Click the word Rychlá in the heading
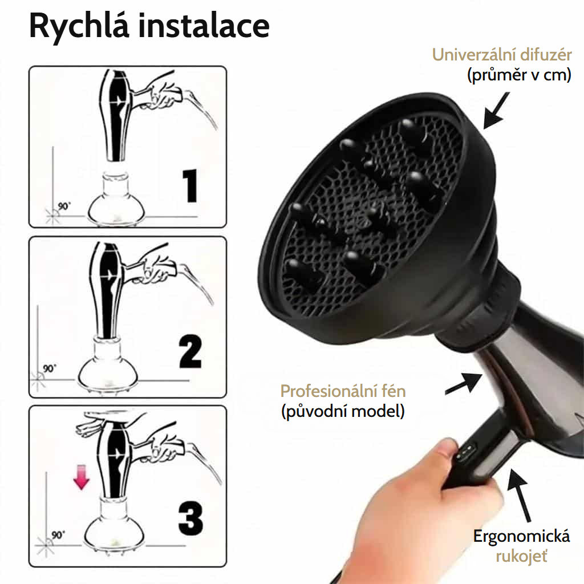[79, 27]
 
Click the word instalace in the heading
[204, 25]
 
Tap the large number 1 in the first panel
[190, 185]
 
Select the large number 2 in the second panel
[190, 351]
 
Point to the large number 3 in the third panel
[190, 518]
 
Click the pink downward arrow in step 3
[81, 476]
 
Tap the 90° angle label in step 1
[64, 206]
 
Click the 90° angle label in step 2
[49, 368]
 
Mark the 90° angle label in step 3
[58, 535]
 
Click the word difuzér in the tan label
[546, 55]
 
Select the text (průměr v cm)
[519, 75]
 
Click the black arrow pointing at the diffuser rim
[496, 111]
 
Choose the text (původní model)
[343, 411]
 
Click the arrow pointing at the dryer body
[464, 383]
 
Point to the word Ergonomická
[521, 536]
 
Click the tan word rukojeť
[521, 557]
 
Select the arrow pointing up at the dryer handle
[518, 496]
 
